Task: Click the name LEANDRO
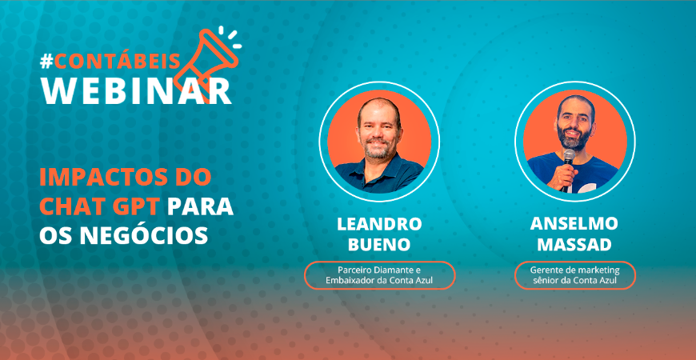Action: pyautogui.click(x=379, y=224)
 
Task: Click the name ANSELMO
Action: pyautogui.click(x=574, y=224)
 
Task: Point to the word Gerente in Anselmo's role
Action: pyautogui.click(x=545, y=270)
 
